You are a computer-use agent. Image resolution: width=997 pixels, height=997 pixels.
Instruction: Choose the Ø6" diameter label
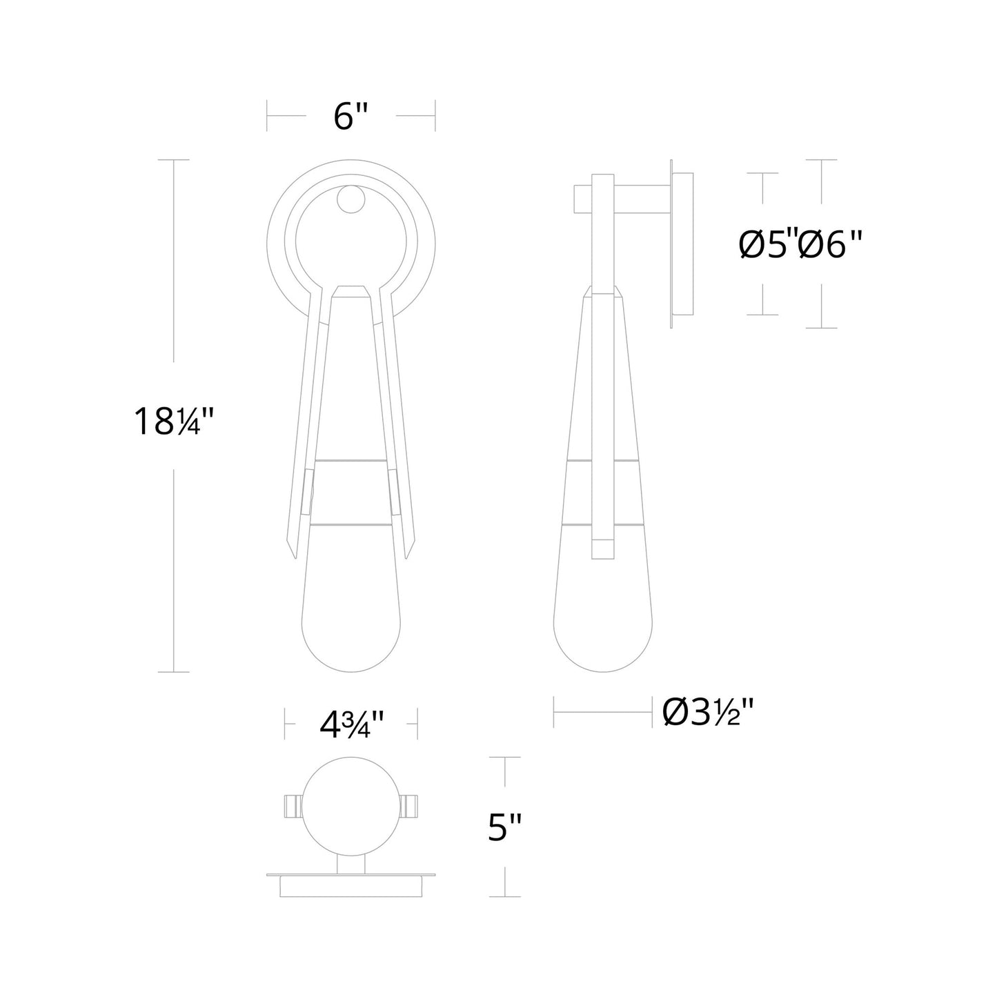(831, 244)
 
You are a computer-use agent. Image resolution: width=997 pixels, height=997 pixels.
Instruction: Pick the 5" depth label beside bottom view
(507, 827)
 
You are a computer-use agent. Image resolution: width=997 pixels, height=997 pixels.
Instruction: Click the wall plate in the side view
(682, 245)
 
